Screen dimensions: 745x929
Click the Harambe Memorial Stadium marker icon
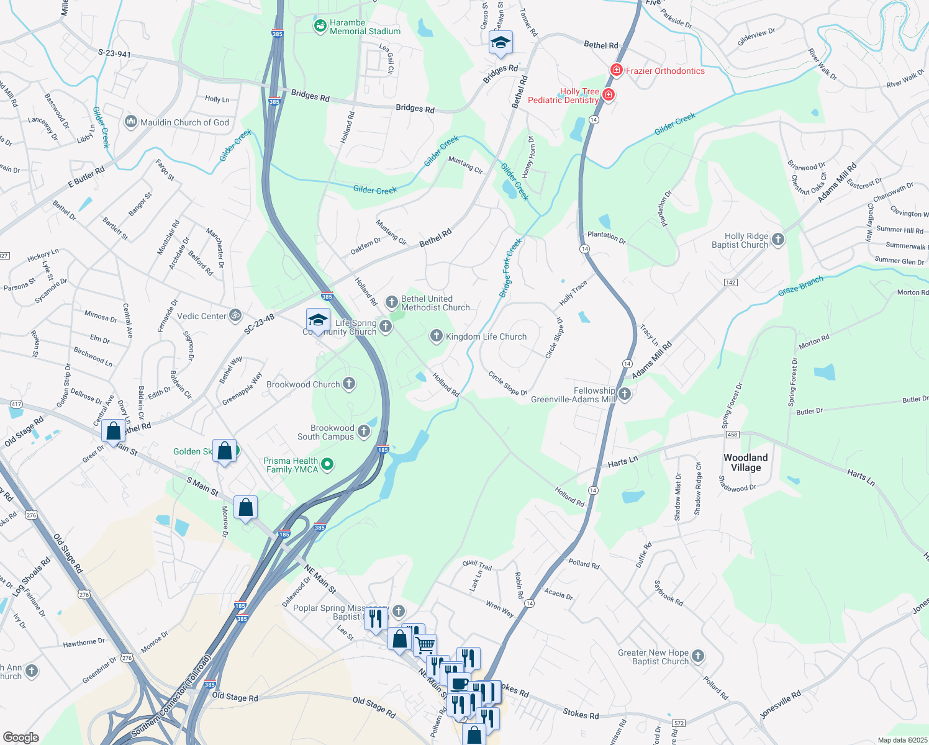(320, 27)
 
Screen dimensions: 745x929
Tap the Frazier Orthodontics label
(665, 71)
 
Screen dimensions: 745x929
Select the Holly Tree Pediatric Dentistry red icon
(609, 95)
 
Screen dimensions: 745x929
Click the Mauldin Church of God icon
(131, 122)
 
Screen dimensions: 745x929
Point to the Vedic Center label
(202, 316)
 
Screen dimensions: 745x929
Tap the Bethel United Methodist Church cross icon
(392, 302)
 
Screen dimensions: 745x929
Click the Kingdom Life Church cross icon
(437, 336)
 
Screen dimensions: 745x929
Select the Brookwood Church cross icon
(349, 384)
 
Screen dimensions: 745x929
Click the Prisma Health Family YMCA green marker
(327, 464)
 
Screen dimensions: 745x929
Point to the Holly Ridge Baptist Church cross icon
(777, 240)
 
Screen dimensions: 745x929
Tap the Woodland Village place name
(745, 463)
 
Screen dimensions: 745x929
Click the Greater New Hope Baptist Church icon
(698, 656)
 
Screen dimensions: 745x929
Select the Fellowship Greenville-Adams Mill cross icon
(625, 394)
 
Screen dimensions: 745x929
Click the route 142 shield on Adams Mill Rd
(730, 282)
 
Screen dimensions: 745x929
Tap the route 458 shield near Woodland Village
(733, 435)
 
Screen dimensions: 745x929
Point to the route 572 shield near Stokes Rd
(678, 723)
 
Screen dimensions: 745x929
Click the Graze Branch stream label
(800, 286)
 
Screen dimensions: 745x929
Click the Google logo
(20, 737)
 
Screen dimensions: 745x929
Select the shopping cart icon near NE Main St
(425, 644)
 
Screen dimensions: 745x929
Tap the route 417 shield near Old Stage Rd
(16, 404)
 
